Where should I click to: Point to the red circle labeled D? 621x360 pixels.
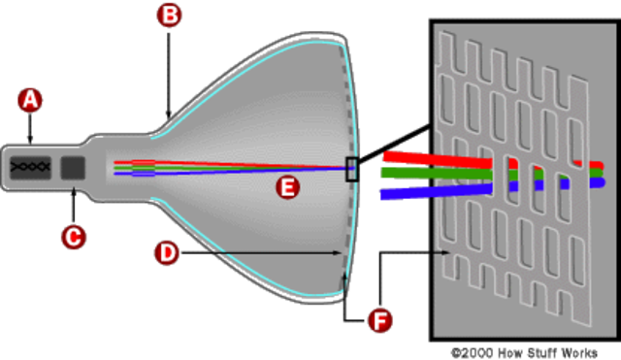click(166, 253)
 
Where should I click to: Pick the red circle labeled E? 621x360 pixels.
click(285, 189)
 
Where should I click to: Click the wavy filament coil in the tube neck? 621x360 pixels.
click(31, 166)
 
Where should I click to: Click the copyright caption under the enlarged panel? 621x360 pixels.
click(525, 351)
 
